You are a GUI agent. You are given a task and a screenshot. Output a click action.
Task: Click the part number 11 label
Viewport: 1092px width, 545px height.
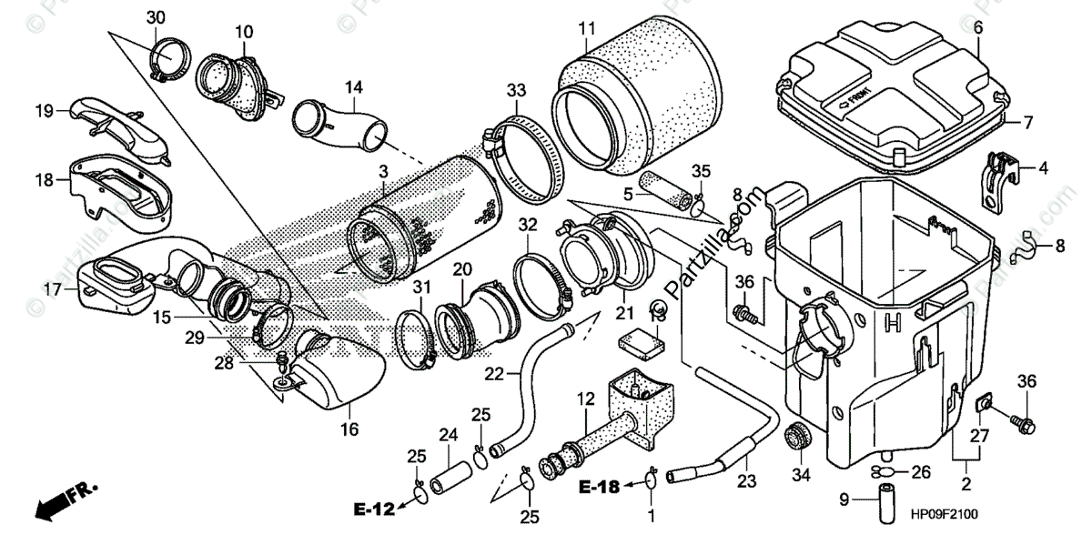(x=586, y=27)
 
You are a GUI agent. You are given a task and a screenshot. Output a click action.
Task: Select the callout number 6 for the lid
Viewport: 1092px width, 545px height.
(x=978, y=27)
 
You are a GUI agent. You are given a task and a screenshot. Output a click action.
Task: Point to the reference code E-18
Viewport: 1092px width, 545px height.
(x=600, y=487)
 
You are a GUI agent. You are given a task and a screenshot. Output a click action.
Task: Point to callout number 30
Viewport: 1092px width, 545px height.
(x=156, y=18)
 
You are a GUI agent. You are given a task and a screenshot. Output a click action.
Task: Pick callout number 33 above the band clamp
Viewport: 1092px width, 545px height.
(x=517, y=90)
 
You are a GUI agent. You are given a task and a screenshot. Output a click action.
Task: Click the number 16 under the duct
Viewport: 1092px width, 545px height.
(x=349, y=429)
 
